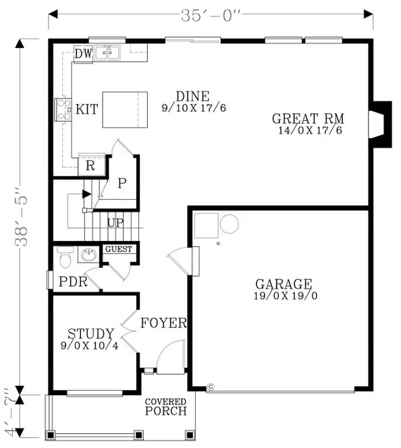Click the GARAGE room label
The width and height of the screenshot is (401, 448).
284,284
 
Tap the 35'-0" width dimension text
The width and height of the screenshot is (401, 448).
211,16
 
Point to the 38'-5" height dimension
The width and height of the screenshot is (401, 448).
22,217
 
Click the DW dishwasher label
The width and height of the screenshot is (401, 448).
84,53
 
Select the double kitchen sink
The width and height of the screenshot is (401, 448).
107,53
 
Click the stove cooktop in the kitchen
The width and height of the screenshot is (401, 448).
63,110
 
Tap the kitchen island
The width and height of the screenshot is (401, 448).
125,110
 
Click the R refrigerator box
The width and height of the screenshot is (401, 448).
91,165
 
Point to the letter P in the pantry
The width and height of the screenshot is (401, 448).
122,183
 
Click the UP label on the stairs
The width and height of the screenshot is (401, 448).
115,223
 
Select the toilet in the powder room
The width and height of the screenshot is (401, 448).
65,257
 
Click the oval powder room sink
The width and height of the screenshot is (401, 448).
89,255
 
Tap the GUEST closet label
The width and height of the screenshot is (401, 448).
119,249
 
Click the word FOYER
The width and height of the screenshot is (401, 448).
163,323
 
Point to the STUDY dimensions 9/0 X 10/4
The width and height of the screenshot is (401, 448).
90,345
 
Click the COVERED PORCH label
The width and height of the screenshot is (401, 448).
166,407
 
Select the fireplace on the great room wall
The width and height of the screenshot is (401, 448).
381,124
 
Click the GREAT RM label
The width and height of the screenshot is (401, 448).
308,119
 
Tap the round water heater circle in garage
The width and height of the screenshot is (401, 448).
230,224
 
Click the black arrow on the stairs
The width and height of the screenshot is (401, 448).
86,194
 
